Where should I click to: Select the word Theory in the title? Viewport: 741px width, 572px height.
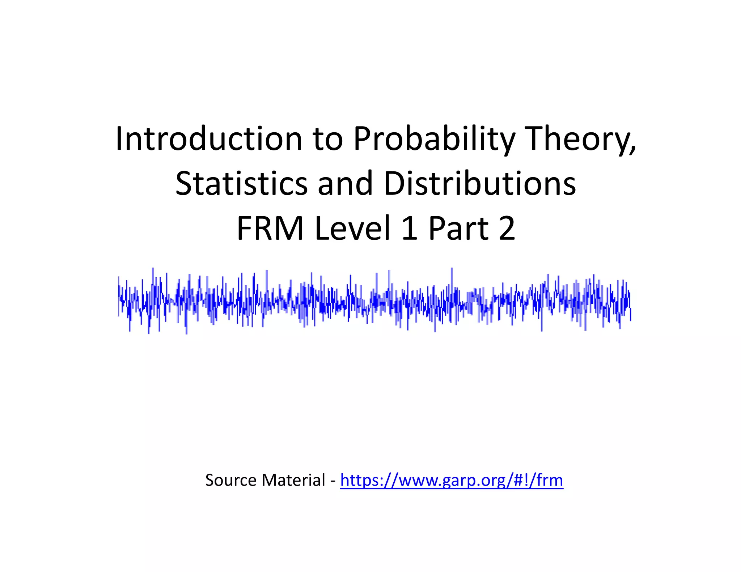[577, 140]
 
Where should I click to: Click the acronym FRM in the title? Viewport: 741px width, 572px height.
[270, 228]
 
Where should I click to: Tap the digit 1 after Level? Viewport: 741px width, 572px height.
[409, 228]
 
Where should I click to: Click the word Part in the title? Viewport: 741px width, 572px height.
[458, 228]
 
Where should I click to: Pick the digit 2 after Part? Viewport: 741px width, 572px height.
[507, 228]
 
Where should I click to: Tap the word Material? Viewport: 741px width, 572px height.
[293, 481]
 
